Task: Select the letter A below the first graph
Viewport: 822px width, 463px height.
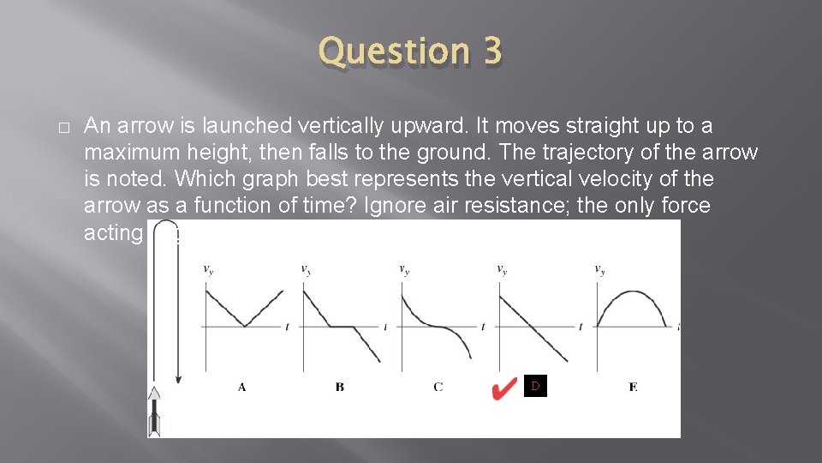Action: [242, 388]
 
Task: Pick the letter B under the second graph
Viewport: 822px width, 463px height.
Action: [340, 388]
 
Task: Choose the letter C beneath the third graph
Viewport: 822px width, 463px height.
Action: [438, 388]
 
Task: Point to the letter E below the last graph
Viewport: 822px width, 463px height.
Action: [633, 388]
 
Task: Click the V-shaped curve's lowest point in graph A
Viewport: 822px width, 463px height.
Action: [245, 326]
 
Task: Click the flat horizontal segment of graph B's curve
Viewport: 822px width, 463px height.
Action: [344, 326]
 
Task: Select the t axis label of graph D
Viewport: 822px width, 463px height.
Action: [581, 327]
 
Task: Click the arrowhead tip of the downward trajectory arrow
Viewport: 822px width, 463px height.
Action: [178, 381]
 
